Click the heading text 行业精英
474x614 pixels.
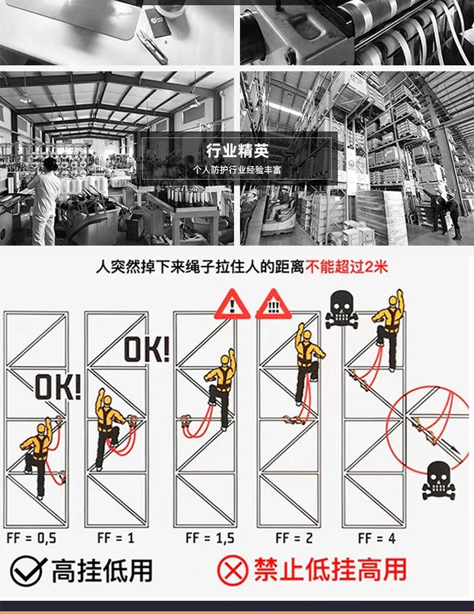click(237, 151)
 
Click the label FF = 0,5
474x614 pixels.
click(32, 538)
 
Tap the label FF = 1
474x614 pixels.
click(116, 538)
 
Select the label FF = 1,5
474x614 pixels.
click(210, 538)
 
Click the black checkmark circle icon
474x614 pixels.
click(28, 571)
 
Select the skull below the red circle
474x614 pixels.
click(437, 480)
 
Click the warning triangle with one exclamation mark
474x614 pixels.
click(232, 305)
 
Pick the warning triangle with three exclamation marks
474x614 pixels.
click(273, 305)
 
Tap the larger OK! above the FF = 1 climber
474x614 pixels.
click(147, 349)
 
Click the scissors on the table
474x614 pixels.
click(152, 47)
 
